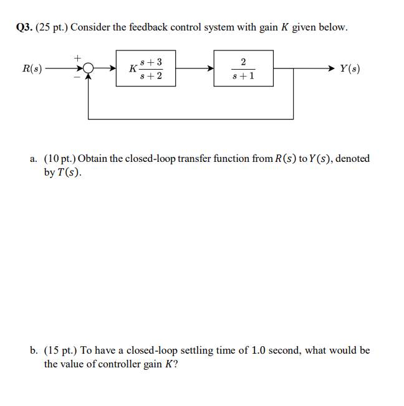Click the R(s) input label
point(32,68)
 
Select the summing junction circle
point(89,68)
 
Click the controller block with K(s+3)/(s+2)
point(145,68)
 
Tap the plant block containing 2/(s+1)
point(243,68)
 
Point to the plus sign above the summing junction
point(78,58)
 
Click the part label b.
point(34,351)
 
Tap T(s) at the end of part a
point(69,172)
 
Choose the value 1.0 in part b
point(259,351)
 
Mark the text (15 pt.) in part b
point(60,351)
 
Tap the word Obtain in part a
point(92,159)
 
